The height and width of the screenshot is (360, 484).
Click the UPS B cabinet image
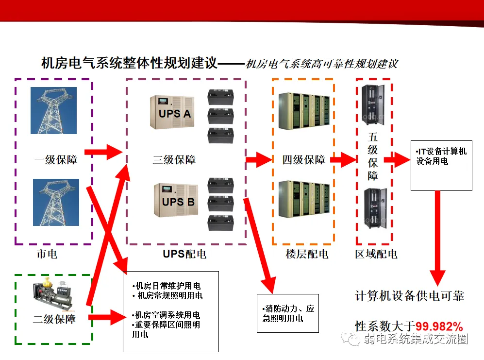click(x=173, y=200)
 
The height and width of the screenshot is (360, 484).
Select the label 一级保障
click(x=56, y=159)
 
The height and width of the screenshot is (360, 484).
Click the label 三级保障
click(x=174, y=159)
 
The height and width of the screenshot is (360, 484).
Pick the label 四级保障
click(x=304, y=159)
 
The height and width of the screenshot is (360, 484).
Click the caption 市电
click(x=47, y=254)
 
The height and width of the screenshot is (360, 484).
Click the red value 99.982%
click(x=439, y=326)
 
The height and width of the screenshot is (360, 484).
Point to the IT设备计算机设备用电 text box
click(x=441, y=166)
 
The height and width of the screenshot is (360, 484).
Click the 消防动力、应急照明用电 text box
click(x=287, y=313)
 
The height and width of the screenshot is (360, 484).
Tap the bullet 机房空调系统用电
click(x=167, y=315)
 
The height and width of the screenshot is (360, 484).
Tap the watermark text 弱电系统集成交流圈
click(x=415, y=339)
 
